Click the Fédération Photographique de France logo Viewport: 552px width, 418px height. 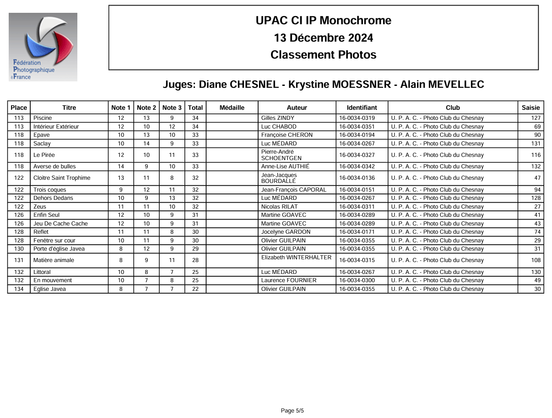tap(43, 47)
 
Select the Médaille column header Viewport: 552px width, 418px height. tap(232, 108)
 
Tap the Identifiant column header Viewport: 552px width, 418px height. tap(362, 108)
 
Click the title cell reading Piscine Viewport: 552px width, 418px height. tap(43, 118)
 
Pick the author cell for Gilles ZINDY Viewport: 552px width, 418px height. tap(278, 118)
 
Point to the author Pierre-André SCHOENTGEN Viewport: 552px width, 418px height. tap(281, 155)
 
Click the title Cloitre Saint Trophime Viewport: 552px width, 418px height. tap(62, 178)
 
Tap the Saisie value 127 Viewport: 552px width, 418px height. tap(536, 118)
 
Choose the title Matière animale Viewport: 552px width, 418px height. tap(54, 260)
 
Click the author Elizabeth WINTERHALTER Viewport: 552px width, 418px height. tap(296, 257)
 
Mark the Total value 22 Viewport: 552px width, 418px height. tap(195, 289)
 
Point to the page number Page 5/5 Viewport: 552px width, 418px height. tap(292, 411)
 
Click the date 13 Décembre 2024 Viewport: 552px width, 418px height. tap(324, 38)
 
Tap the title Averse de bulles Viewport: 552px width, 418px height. tap(55, 166)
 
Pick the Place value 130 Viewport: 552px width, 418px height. tap(19, 249)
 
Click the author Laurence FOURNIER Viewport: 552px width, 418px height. tap(289, 280)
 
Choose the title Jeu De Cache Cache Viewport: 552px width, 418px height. tap(61, 224)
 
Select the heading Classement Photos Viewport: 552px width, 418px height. tap(324, 55)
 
